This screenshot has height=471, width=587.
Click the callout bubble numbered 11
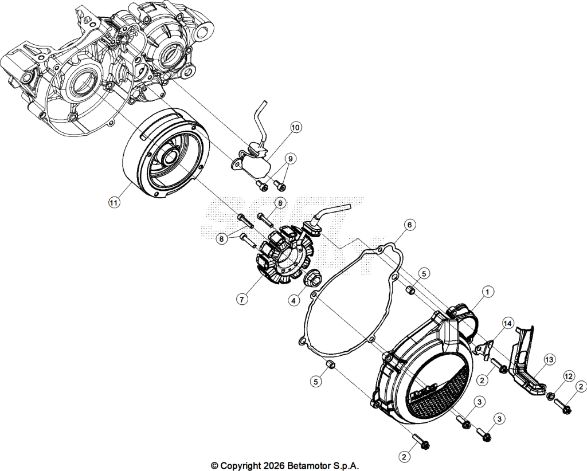(x=114, y=202)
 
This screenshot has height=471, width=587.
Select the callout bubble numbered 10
(x=295, y=128)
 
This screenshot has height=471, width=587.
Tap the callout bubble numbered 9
(x=290, y=159)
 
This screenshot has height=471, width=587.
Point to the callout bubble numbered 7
(x=242, y=299)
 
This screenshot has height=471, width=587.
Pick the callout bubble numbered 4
(x=294, y=300)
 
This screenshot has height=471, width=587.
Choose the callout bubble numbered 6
(x=409, y=225)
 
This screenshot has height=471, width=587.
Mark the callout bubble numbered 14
(x=508, y=323)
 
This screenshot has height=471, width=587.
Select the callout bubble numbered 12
(x=569, y=376)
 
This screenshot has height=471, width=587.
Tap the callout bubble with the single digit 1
(x=487, y=292)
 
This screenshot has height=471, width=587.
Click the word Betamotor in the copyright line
(x=309, y=466)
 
